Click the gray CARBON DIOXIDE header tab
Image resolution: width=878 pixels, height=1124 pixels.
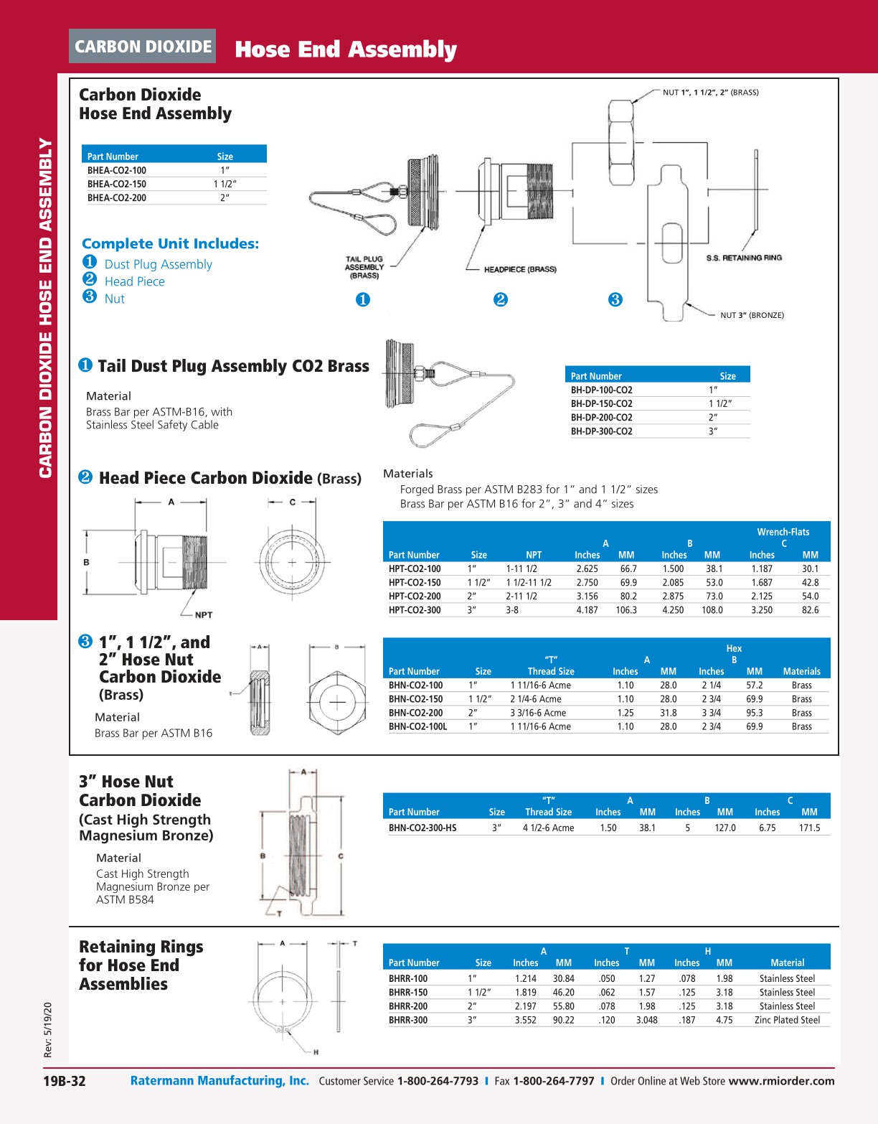tap(143, 47)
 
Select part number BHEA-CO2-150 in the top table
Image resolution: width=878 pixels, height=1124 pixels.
tap(117, 184)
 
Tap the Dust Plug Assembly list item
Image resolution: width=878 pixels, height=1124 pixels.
tap(158, 264)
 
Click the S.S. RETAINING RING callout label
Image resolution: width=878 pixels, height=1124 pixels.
tap(744, 258)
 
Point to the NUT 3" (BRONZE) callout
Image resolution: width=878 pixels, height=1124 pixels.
tap(752, 315)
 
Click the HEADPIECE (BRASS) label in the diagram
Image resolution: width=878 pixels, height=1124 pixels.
tap(520, 269)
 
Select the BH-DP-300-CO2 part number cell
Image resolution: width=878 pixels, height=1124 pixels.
tap(601, 431)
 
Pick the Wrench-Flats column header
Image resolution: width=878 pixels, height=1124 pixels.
tap(783, 532)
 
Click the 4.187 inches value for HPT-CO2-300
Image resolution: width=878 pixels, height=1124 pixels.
tap(587, 610)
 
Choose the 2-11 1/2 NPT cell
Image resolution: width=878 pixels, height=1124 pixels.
tap(521, 596)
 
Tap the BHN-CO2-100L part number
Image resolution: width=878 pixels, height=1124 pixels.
tap(417, 726)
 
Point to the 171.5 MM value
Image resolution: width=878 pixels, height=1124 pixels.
tap(809, 828)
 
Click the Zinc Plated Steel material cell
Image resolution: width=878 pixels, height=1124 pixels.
tap(787, 1020)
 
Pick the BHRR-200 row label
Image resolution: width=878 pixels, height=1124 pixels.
tap(408, 1006)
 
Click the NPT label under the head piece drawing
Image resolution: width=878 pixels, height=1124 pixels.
tap(204, 615)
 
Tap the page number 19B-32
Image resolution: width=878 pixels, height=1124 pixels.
tap(64, 1081)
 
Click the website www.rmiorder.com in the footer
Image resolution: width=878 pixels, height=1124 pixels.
tap(781, 1081)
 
